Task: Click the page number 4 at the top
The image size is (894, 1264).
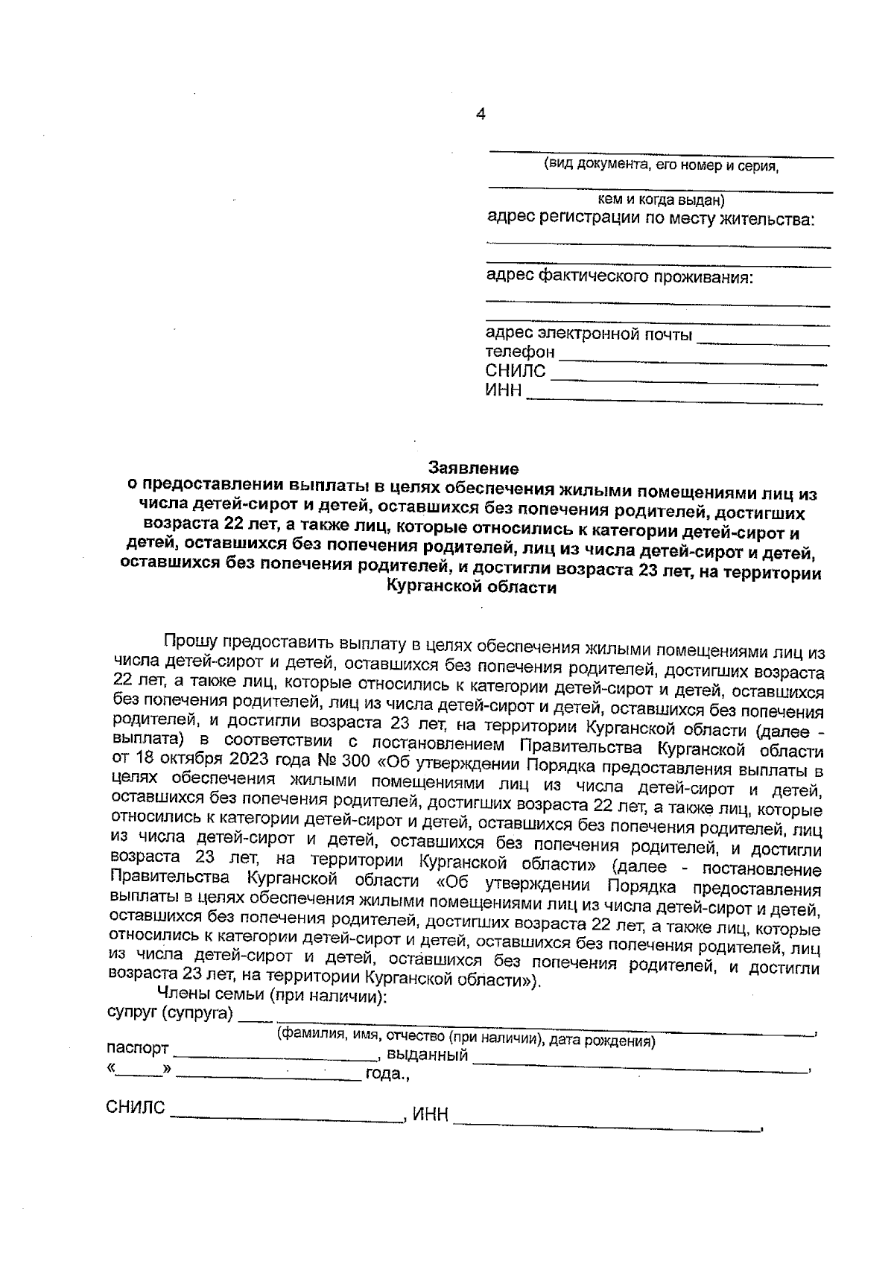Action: coord(481,114)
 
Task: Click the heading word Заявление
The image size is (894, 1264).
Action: coord(472,469)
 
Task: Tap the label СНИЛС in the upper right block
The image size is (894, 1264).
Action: coord(516,371)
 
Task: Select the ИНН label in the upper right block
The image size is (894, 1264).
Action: coord(504,391)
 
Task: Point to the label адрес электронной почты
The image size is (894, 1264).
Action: coord(589,334)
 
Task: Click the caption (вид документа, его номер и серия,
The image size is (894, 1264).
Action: coord(661,165)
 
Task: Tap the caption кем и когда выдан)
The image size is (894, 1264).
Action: coord(661,200)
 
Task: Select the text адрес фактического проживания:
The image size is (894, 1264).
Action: coord(619,278)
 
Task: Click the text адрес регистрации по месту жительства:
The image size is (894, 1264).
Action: coord(650,220)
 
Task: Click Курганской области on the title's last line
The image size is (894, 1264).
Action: coord(471,588)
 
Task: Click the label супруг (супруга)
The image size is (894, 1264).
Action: coord(170,1014)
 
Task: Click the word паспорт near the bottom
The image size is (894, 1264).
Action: coord(138,1049)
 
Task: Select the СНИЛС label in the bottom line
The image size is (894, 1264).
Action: coord(135,1108)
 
